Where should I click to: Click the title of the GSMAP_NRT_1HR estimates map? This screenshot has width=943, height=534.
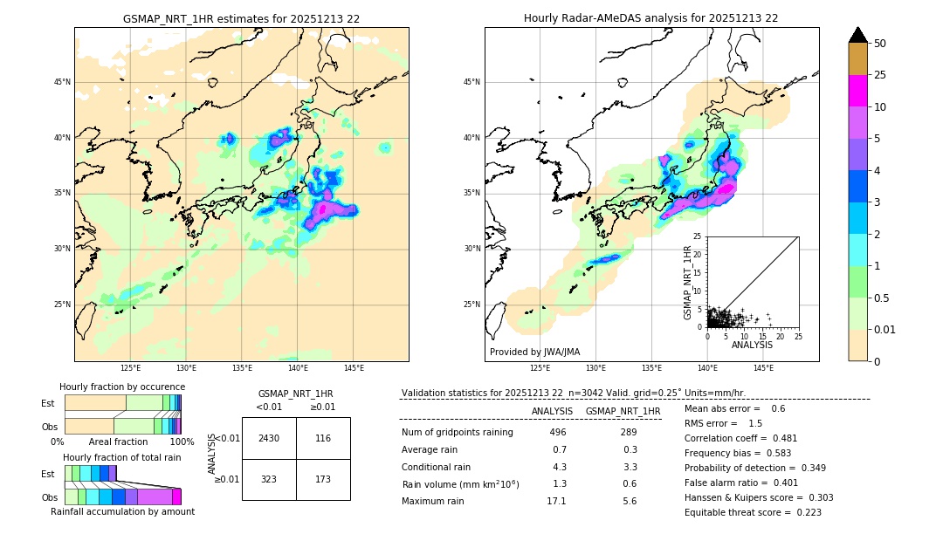pos(241,18)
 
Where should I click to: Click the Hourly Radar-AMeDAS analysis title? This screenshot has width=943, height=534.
pos(650,18)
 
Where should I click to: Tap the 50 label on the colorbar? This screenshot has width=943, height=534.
pos(880,44)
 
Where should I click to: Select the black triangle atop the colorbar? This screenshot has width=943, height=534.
pos(858,35)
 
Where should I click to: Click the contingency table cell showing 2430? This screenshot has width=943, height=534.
pos(269,438)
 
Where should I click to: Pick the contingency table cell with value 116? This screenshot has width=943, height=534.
pos(323,438)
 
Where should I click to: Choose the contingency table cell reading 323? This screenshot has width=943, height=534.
pos(269,480)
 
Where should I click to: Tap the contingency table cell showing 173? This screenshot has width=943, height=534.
pos(323,480)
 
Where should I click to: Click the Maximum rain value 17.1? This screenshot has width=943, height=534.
pos(557,501)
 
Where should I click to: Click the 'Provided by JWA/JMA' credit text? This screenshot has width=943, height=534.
pos(534,353)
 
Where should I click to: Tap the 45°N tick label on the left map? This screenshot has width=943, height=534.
pos(62,82)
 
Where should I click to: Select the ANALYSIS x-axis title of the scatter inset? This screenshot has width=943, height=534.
pos(752,345)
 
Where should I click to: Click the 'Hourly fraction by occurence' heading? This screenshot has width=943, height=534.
pos(122,387)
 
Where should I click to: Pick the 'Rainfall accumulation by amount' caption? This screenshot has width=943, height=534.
pos(122,511)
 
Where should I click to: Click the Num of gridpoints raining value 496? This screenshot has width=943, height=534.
pos(557,432)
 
